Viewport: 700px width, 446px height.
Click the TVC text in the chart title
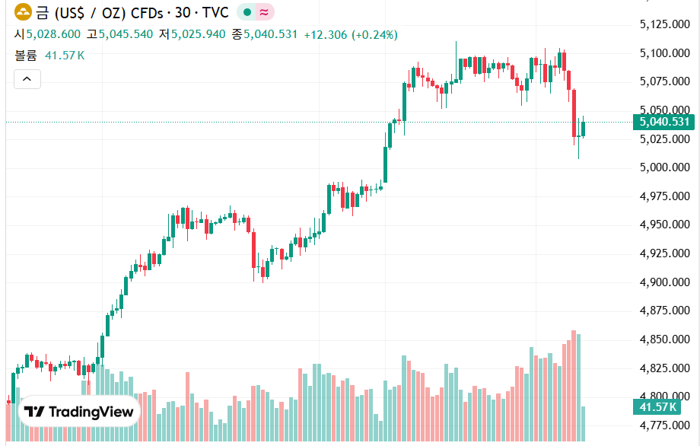tap(215, 12)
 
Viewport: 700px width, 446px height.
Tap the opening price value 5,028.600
tap(53, 34)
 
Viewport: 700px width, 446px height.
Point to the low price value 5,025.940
tap(198, 34)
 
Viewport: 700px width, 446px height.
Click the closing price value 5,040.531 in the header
tap(270, 34)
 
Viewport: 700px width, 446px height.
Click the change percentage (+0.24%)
tap(374, 34)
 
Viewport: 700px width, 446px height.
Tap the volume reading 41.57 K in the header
tap(65, 56)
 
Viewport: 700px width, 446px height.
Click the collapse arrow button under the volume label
tap(27, 78)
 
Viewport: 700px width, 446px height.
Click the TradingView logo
tap(79, 412)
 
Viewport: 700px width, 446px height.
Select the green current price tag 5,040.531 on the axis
tap(663, 122)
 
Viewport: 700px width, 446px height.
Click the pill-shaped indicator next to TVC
tap(256, 12)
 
